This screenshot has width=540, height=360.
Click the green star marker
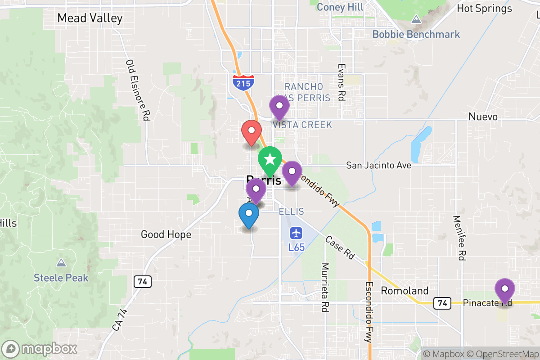point(270,160)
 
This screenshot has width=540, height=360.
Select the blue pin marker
point(248,215)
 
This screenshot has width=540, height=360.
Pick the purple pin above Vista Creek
point(279,107)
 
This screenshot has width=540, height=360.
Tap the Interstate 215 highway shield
point(243,82)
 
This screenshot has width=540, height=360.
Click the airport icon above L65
point(296,233)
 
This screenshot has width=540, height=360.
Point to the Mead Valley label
point(90,18)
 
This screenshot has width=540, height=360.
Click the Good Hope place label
point(166,234)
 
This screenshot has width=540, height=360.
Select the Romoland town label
point(405,291)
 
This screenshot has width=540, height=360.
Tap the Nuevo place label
point(483,117)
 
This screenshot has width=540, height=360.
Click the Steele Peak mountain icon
point(61,263)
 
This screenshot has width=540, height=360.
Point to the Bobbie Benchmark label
point(416,34)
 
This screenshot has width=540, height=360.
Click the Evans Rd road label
point(341,81)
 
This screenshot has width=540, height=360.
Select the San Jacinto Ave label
point(378,166)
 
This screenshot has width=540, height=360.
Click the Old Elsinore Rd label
point(138,90)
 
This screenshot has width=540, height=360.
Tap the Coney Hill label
point(340,7)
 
